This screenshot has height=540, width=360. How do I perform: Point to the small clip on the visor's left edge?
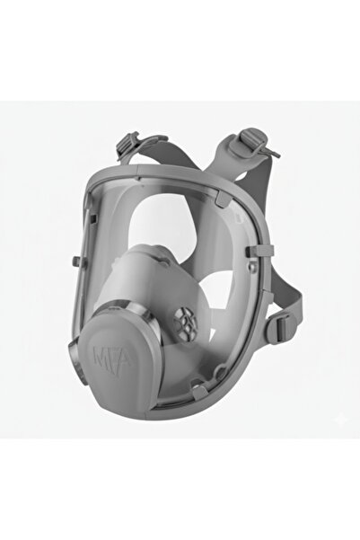coord(76,261)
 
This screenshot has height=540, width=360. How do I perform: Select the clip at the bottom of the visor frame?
coord(198,392)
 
